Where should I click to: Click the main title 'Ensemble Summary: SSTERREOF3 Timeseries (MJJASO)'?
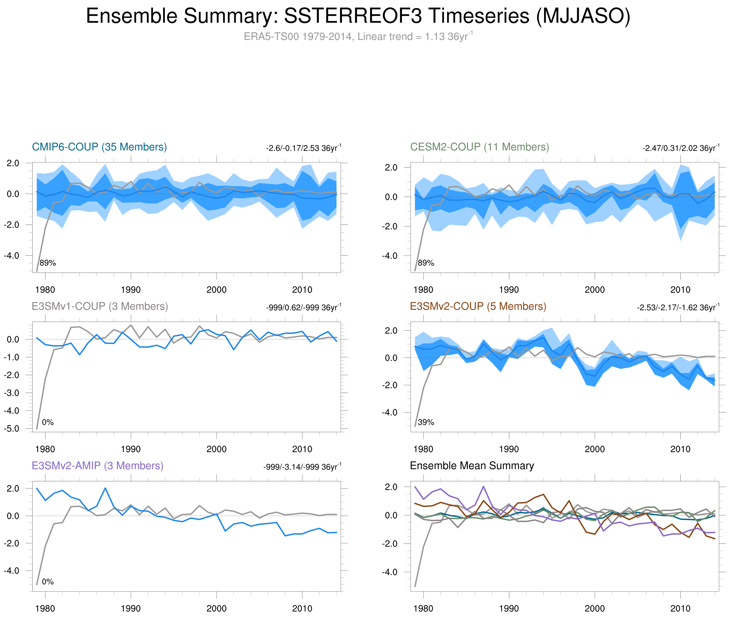point(357,16)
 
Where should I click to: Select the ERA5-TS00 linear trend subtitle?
point(357,37)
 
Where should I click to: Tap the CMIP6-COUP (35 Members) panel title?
point(99,147)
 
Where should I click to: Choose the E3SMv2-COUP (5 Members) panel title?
point(478,306)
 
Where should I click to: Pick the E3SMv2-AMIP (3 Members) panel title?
point(97,466)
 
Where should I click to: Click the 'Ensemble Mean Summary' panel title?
point(472,466)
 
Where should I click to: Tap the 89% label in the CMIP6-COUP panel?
point(48,263)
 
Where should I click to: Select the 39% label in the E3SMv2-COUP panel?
point(426,422)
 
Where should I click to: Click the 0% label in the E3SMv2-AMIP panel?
point(48,582)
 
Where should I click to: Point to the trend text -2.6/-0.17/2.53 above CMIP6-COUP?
point(303,148)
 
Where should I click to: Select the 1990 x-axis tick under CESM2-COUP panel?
point(509,290)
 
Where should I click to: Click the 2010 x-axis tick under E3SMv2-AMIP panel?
point(302,608)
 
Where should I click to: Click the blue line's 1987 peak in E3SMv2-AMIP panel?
point(105,488)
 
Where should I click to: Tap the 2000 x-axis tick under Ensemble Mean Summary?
point(594,608)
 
